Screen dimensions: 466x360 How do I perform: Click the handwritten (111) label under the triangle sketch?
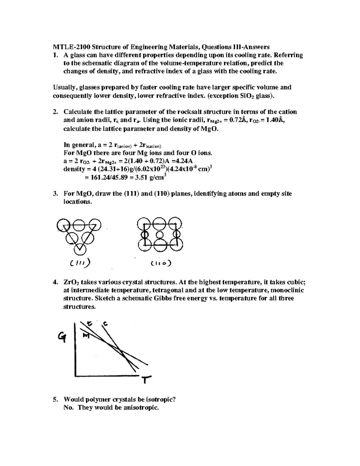tap(79, 263)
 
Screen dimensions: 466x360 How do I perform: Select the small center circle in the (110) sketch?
tap(160, 234)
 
